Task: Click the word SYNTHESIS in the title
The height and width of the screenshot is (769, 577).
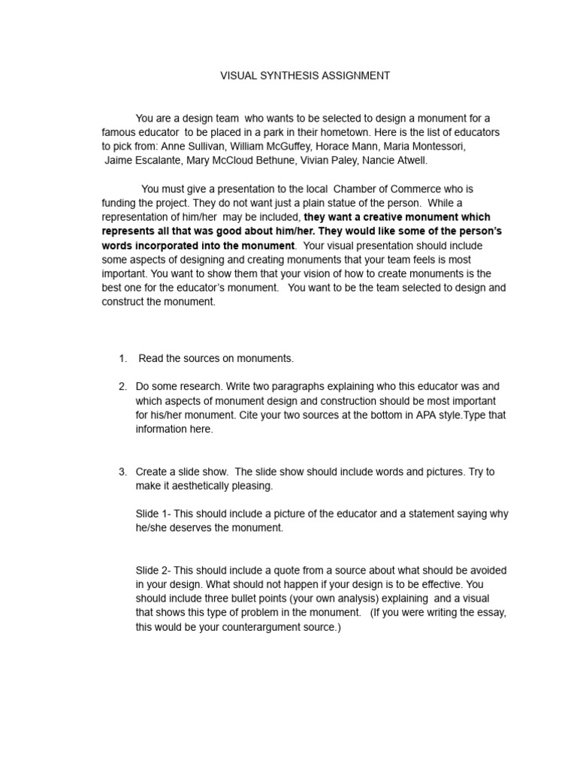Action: point(288,76)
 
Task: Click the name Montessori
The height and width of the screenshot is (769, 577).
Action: point(438,146)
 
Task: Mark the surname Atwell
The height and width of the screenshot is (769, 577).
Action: point(409,160)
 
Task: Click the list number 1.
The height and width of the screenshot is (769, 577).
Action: point(122,358)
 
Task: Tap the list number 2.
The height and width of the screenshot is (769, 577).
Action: point(122,387)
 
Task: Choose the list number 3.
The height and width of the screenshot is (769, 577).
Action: point(122,472)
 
